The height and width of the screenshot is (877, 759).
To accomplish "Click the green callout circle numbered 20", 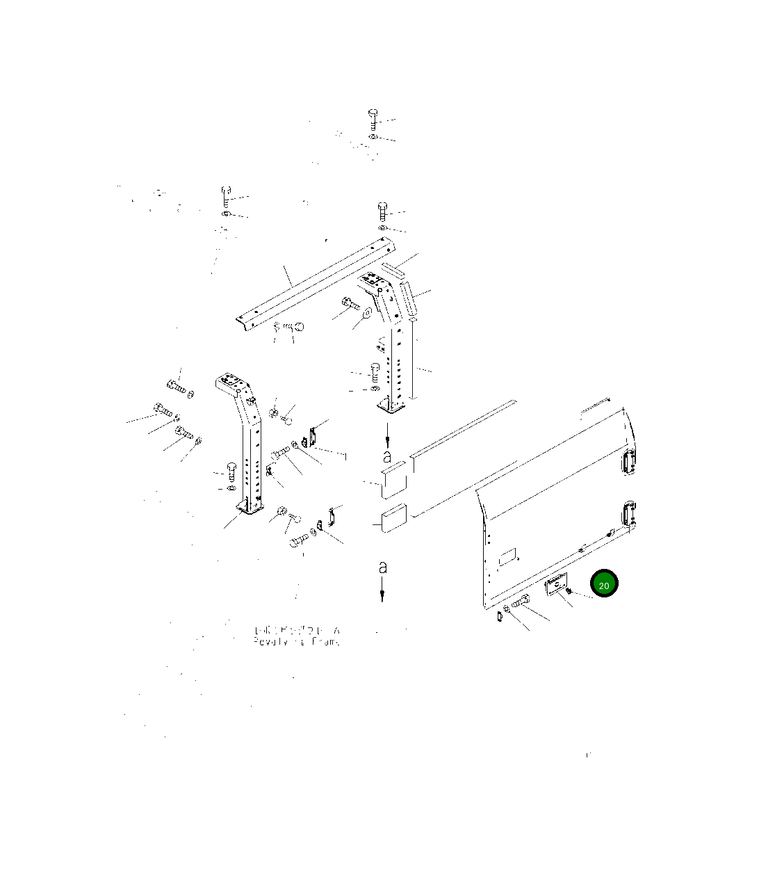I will [603, 585].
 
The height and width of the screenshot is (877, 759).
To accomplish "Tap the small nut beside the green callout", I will [569, 591].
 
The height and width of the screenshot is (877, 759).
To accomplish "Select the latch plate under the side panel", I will [556, 585].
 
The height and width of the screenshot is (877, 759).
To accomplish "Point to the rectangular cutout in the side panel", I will [507, 556].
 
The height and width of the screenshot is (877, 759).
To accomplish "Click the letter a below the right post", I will [387, 457].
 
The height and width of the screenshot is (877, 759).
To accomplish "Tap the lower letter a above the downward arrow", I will [382, 568].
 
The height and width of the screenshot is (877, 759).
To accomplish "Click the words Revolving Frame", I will [297, 641].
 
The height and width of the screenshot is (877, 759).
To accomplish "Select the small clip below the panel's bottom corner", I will [500, 616].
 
